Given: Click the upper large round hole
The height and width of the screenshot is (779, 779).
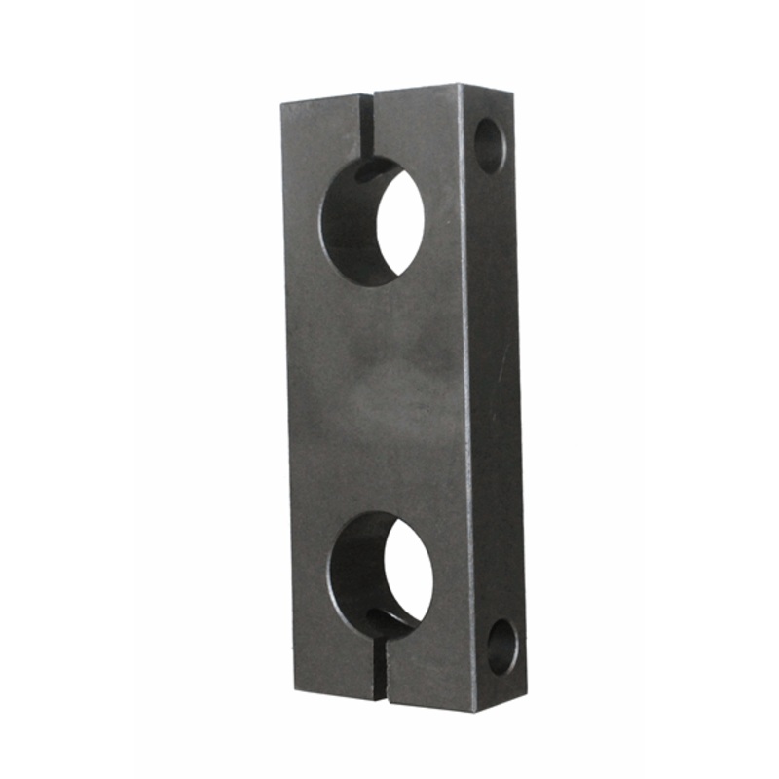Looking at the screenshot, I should point(372,222).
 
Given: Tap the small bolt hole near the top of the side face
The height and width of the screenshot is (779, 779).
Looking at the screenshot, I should point(490,145).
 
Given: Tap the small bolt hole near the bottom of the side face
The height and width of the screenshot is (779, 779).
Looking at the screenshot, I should point(502,648).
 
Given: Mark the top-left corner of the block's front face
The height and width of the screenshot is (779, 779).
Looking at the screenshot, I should point(282,103).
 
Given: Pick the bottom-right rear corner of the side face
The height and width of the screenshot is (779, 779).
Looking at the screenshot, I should point(527,682).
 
